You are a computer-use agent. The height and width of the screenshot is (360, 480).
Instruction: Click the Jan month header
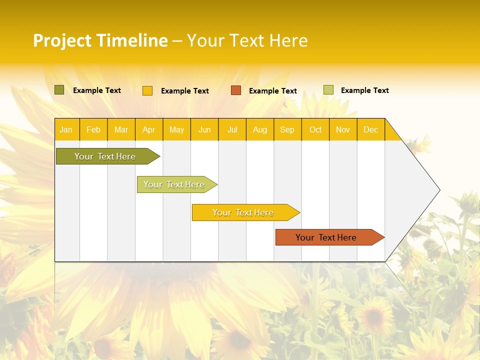[x=66, y=130]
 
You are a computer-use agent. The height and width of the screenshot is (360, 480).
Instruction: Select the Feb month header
[x=93, y=130]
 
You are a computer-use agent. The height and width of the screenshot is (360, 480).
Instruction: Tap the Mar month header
[x=121, y=130]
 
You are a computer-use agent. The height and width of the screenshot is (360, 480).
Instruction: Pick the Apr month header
[x=149, y=130]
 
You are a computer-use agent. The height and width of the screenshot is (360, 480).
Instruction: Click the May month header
[x=176, y=130]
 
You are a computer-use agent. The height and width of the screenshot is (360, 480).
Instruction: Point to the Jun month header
[x=204, y=130]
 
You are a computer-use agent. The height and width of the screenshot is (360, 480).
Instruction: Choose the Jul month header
[x=232, y=130]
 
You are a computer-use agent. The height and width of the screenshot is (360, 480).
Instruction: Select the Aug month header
[x=260, y=130]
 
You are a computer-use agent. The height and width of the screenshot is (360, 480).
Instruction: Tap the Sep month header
[x=287, y=130]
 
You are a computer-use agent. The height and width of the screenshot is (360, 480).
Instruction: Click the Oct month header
[x=315, y=130]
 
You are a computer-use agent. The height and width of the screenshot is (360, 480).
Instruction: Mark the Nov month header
[x=343, y=130]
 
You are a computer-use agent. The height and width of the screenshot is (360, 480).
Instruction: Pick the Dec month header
[x=371, y=130]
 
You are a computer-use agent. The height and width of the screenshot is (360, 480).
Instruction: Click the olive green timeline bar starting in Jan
[x=105, y=156]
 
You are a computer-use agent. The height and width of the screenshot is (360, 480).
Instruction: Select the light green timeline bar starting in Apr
[x=174, y=184]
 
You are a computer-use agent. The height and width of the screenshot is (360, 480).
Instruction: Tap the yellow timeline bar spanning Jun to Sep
[x=243, y=212]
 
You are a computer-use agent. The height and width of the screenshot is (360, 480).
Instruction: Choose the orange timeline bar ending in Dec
[x=326, y=237]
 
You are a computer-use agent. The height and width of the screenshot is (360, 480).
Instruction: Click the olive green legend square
[x=59, y=90]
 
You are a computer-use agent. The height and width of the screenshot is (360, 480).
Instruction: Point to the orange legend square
[x=236, y=90]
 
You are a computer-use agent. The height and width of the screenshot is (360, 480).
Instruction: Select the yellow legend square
[x=147, y=90]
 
